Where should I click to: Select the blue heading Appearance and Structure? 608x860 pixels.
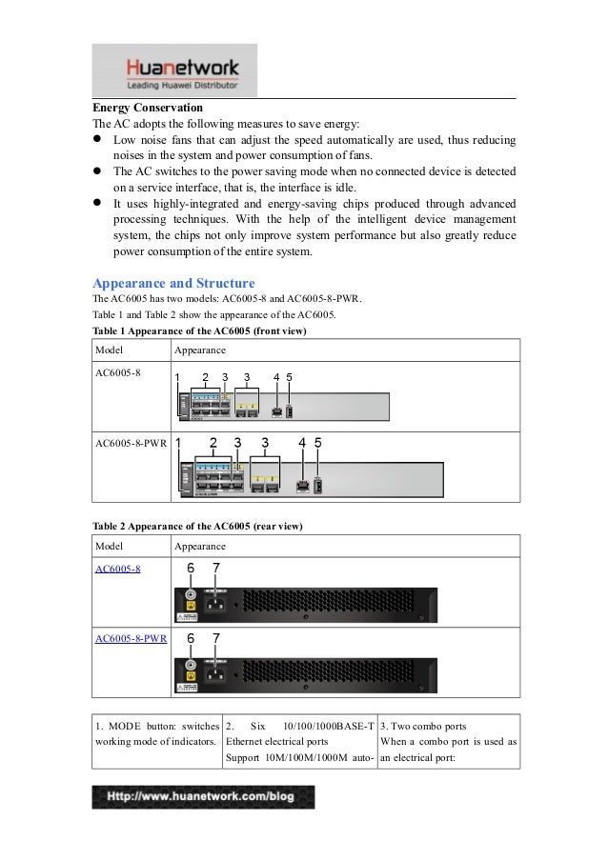[172, 284]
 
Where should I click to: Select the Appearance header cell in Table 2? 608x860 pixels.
[200, 547]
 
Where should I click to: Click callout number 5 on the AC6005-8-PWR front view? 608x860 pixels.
[318, 443]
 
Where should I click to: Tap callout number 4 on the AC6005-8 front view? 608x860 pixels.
[275, 377]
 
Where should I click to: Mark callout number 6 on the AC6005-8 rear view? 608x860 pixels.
[191, 568]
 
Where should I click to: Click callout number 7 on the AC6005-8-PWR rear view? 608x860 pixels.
[216, 637]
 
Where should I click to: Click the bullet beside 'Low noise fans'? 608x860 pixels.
[97, 140]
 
